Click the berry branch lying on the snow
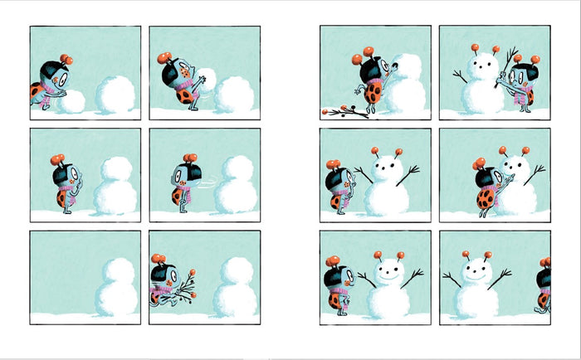344,112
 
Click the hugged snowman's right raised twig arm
535,173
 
